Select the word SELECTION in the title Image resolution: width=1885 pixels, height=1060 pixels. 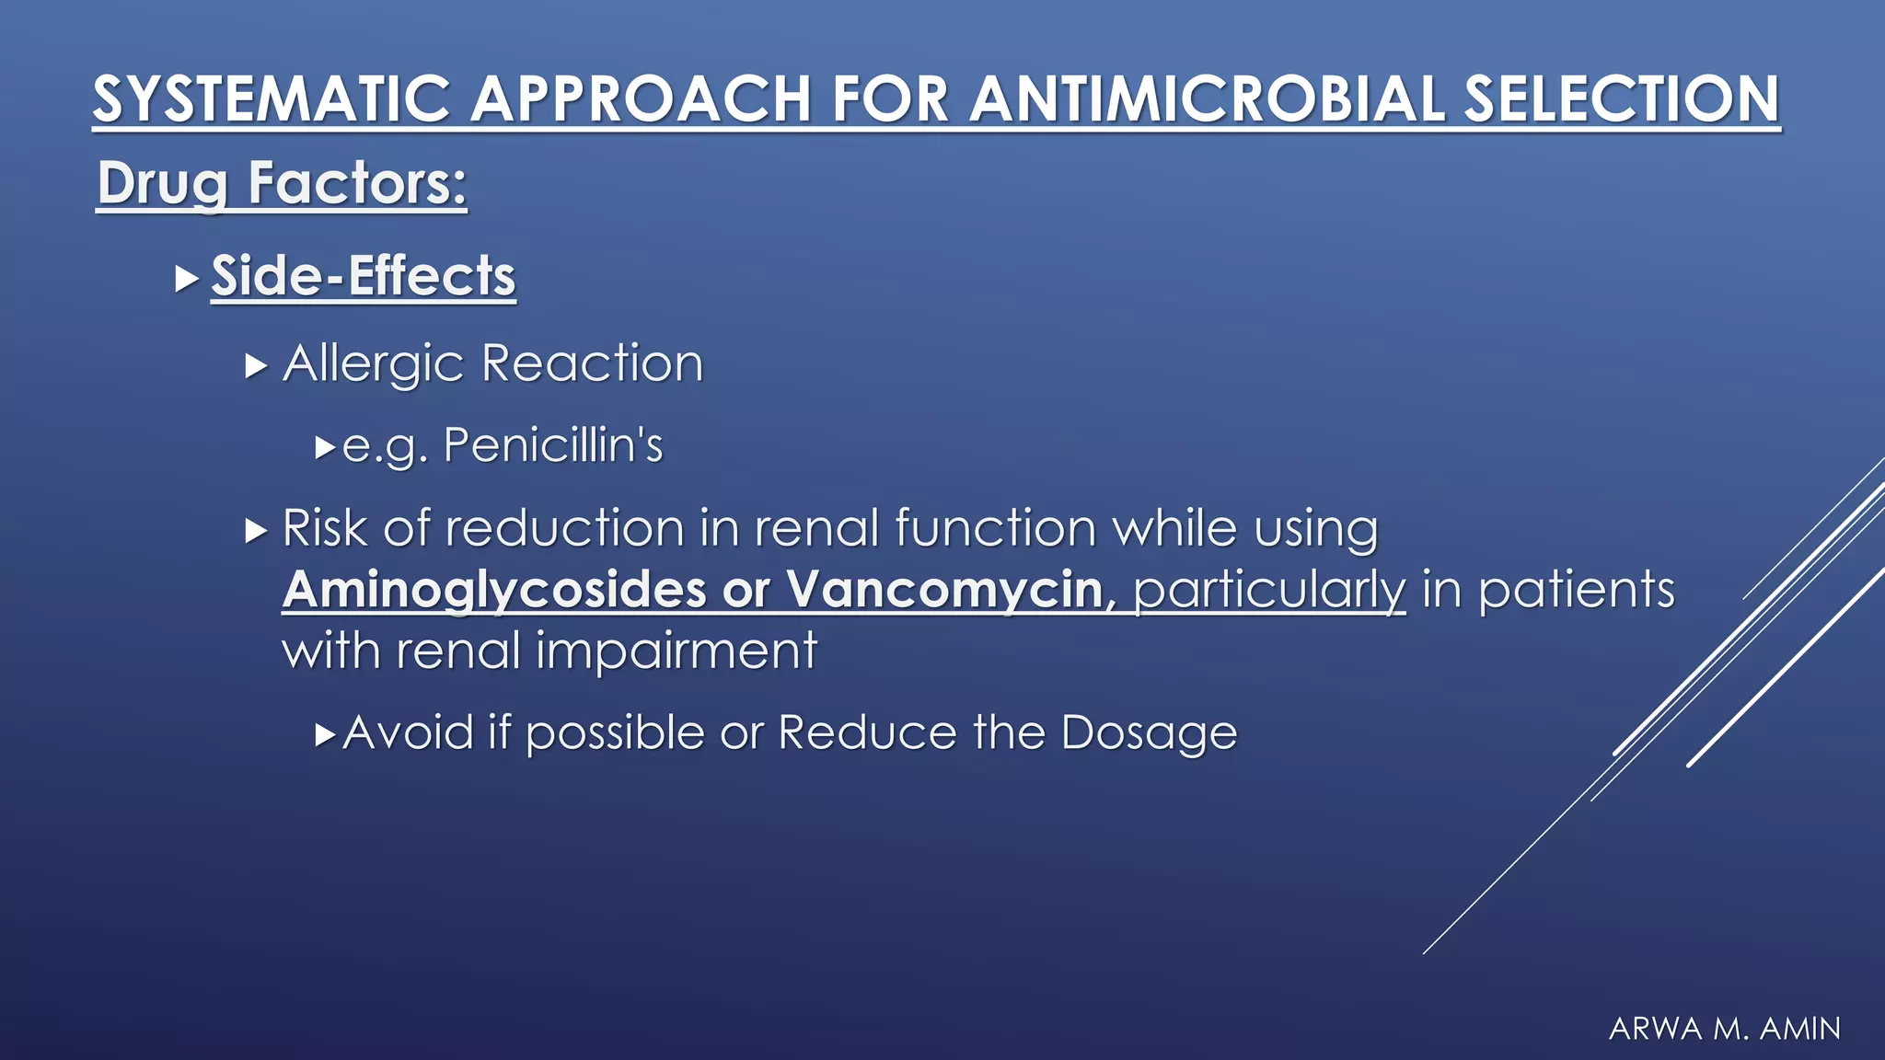[x=1621, y=99]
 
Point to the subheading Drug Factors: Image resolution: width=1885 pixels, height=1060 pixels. [x=282, y=183]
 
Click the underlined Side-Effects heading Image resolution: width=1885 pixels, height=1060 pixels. [x=363, y=275]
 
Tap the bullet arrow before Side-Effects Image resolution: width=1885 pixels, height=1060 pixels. [x=187, y=278]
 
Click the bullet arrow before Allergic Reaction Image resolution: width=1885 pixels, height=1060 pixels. [x=256, y=366]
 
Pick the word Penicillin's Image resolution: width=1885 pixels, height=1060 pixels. [x=552, y=445]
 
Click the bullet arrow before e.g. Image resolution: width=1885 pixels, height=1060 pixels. [x=325, y=448]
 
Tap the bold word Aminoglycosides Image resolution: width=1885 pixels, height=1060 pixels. [x=493, y=589]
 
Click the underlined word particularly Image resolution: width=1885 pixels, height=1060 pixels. [x=1268, y=589]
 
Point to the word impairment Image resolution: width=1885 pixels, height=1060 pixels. [x=676, y=651]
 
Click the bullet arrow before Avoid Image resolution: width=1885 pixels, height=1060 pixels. [x=325, y=734]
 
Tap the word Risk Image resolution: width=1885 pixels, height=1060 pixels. [x=324, y=528]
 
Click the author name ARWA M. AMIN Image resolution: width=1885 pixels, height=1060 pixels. [x=1724, y=1028]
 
